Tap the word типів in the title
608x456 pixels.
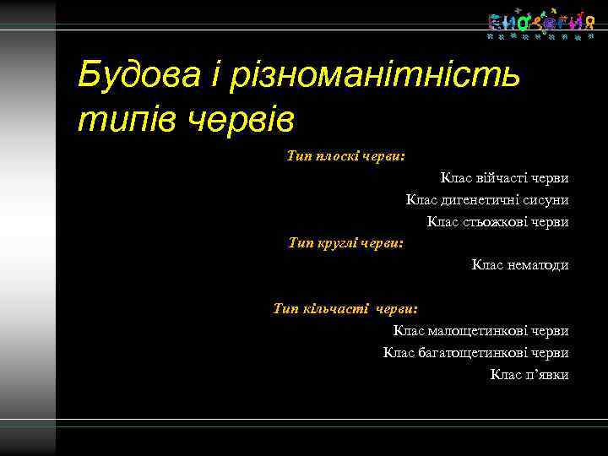click(128, 119)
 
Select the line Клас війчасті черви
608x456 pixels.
click(503, 178)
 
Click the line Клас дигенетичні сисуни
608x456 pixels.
click(486, 200)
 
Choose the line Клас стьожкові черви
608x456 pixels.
click(497, 222)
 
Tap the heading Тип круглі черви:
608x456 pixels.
click(345, 243)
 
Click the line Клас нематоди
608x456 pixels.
click(519, 265)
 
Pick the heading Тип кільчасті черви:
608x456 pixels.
click(345, 309)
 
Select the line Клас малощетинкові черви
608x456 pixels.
click(480, 331)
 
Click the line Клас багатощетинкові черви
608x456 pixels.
click(475, 352)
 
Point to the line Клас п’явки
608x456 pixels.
click(529, 374)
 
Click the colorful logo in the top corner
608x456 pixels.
click(535, 25)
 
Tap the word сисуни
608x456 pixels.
click(546, 200)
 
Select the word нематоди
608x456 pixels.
click(538, 265)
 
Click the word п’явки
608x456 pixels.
click(547, 374)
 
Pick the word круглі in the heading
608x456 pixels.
click(337, 243)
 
